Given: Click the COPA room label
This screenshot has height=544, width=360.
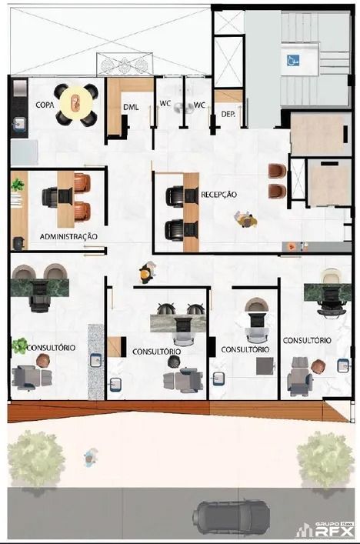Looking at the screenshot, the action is coord(45,105).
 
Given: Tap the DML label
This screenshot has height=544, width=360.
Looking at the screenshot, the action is coord(131,107).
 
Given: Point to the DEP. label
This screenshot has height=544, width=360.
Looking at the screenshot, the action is coord(228,114).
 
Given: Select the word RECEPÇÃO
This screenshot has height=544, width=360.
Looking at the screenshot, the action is coord(218,194).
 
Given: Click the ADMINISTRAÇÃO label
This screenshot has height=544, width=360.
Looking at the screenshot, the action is coord(68,237).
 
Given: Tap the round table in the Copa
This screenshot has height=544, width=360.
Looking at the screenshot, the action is coord(76,102).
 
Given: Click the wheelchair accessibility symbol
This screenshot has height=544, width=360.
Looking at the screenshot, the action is coord(293,61).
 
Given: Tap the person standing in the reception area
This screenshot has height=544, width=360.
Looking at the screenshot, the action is coord(246,220).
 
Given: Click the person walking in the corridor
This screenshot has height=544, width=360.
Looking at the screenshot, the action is coord(147,272).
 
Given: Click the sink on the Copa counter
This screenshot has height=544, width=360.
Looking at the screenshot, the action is coord(19,124).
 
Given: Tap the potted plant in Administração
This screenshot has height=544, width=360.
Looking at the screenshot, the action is coord(18,185).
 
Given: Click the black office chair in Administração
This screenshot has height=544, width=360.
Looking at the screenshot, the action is coord(50,197).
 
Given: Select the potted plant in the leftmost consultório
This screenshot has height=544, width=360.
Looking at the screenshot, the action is coord(19,345).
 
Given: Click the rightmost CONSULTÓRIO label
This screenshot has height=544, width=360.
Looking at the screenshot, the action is coord(307,340).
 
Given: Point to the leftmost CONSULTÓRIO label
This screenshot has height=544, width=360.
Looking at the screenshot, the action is coord(51,348).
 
